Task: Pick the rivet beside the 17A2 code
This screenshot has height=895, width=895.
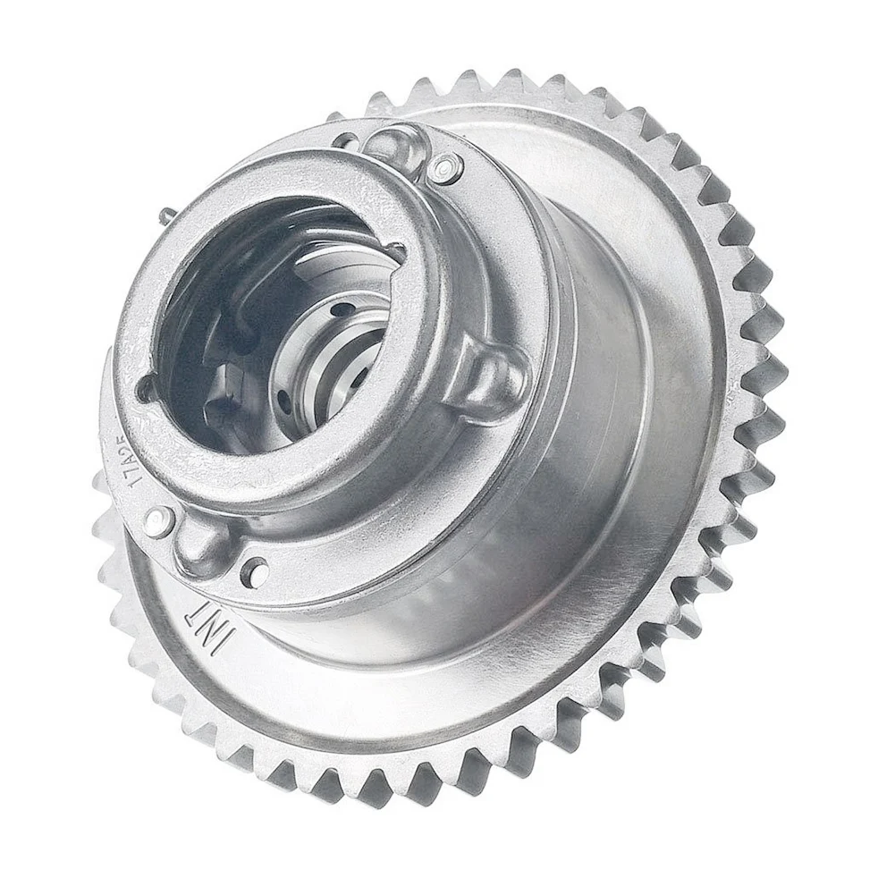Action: pyautogui.click(x=157, y=521)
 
